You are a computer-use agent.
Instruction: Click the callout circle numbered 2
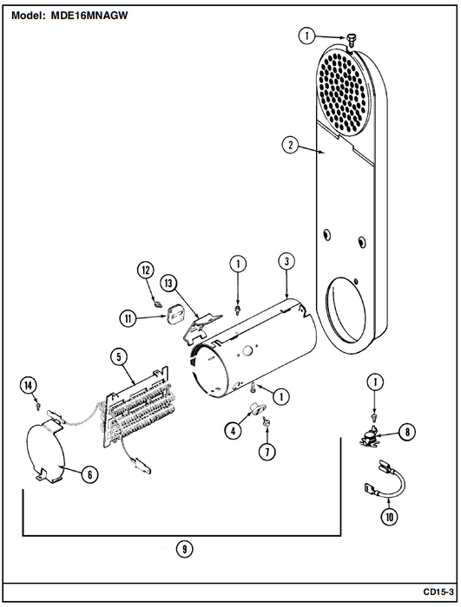tap(290, 146)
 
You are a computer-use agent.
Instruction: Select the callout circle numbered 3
tap(286, 261)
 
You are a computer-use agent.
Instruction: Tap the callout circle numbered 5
tap(119, 356)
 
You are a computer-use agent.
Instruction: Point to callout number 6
tap(89, 474)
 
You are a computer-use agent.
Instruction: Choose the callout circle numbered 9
tap(185, 549)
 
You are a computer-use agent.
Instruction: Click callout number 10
tap(389, 517)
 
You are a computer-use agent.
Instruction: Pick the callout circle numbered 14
tap(29, 386)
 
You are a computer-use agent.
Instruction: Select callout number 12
tap(145, 270)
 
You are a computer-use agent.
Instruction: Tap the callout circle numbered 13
tap(168, 284)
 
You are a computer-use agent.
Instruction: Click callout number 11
tap(128, 318)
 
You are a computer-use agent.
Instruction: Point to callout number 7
tap(267, 452)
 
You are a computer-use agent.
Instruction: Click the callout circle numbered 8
tap(406, 432)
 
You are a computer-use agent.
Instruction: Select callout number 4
tap(233, 431)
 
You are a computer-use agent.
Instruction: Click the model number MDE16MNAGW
tap(89, 16)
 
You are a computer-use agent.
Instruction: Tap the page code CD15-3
tap(438, 592)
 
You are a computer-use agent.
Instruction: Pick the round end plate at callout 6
tap(43, 449)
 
